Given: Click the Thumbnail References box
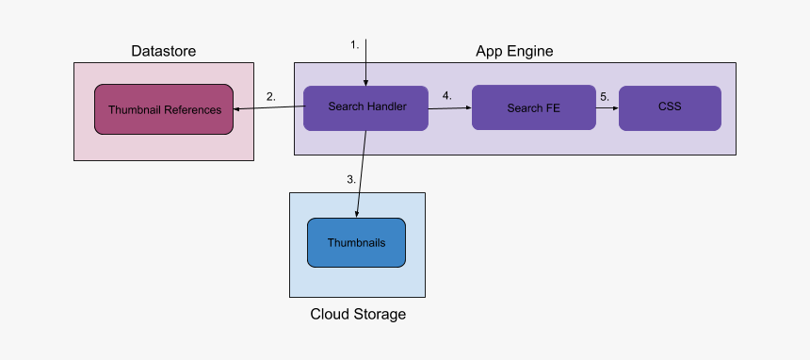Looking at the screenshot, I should pos(164,109).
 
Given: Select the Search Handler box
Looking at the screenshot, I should pos(366,107).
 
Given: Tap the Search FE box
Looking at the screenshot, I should pos(533,107).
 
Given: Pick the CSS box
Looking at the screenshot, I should pos(669,107).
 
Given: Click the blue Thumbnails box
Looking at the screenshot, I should pos(356,242).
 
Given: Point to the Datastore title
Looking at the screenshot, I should pos(164,50).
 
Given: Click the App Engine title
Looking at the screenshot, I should pos(514,50).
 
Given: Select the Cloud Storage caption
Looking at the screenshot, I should pos(358,314).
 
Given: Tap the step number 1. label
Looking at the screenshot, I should pos(354,44).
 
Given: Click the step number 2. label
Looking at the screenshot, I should pos(271,96).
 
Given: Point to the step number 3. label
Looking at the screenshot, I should pos(351,178).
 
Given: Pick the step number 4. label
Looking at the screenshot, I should pos(446,96).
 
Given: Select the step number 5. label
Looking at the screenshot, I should pos(604,96).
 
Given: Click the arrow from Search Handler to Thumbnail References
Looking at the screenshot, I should pos(268,108).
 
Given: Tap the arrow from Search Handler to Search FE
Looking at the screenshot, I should pos(450,108).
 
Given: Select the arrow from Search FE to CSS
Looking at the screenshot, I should pos(607,108).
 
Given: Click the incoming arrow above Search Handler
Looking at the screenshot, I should pos(365,62).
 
